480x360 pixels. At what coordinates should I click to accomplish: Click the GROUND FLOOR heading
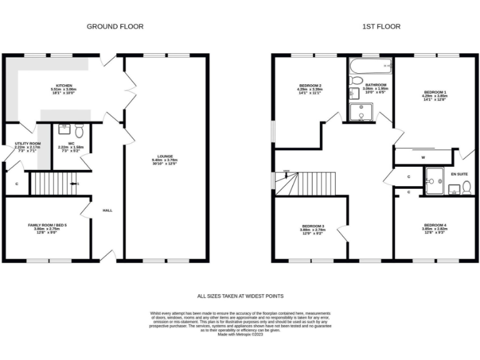point(114,26)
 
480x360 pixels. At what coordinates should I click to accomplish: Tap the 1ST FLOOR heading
point(381,26)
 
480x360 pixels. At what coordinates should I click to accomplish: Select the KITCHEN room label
point(64,86)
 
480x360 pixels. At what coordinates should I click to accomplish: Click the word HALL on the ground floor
point(107,211)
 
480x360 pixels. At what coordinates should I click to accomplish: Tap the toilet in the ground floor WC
point(79,132)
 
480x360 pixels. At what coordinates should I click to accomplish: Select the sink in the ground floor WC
point(64,129)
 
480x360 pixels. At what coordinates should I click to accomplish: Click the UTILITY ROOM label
point(27,143)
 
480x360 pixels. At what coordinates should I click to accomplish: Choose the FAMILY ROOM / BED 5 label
point(47,224)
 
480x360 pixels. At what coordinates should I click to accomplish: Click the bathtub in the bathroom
point(370,65)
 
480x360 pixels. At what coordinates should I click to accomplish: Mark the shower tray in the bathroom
point(361,112)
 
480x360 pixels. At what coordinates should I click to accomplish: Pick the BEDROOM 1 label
point(435,92)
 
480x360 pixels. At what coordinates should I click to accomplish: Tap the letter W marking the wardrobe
point(423,157)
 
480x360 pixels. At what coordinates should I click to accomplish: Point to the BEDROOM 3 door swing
point(342,234)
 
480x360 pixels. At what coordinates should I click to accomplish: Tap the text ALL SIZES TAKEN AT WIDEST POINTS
point(241,296)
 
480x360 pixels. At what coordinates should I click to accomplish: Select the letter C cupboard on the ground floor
point(17,184)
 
